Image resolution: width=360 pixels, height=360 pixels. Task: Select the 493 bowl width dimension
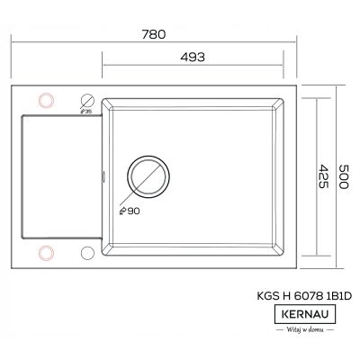198,56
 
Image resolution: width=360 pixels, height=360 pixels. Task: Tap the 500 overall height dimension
343,175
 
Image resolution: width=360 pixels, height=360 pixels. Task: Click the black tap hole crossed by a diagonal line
89,99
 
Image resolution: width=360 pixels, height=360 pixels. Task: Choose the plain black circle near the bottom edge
89,252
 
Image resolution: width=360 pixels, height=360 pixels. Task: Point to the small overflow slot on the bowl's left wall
105,176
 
